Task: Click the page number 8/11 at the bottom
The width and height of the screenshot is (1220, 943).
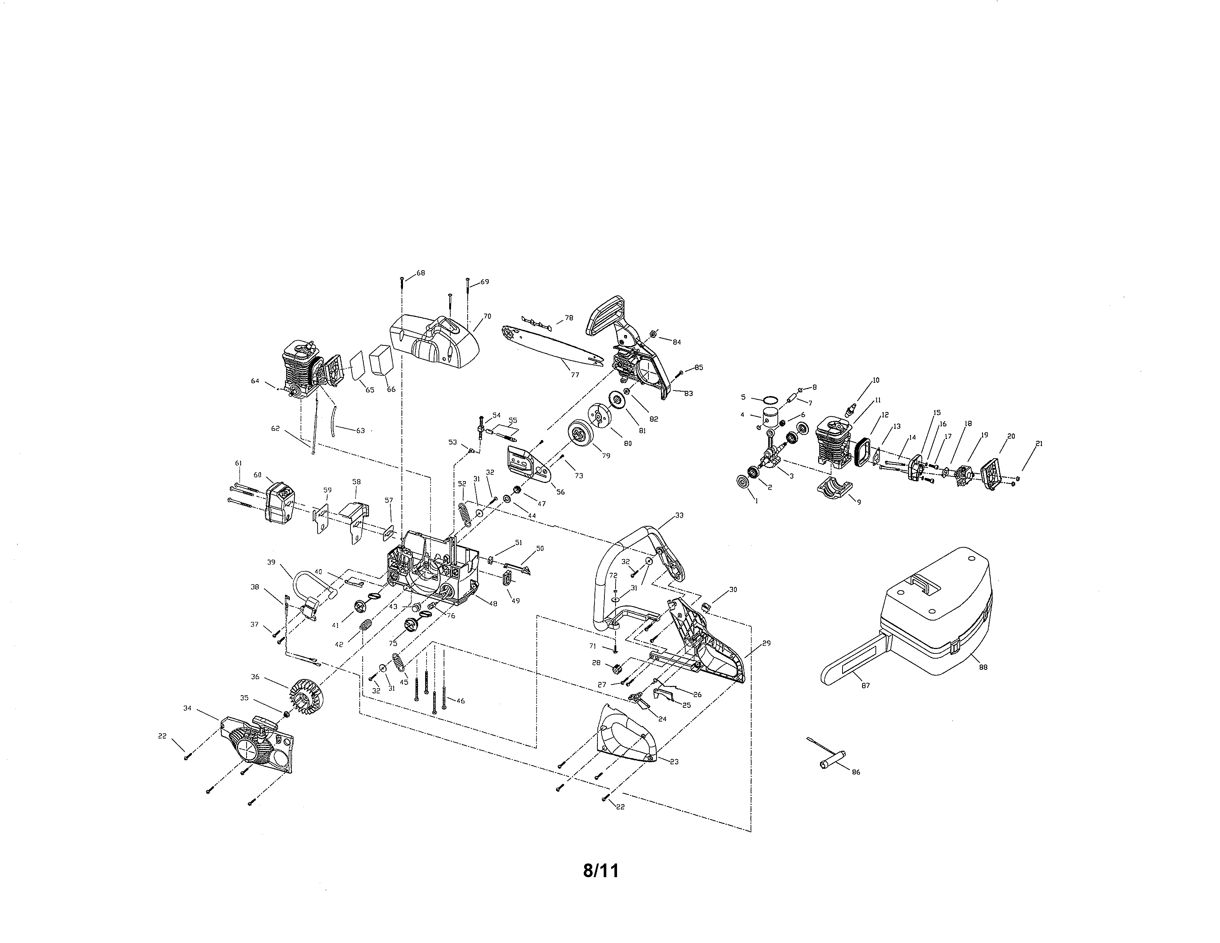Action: [x=601, y=871]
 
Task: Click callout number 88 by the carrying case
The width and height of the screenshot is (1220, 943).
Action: [x=983, y=667]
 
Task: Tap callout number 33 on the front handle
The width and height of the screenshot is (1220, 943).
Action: [x=679, y=515]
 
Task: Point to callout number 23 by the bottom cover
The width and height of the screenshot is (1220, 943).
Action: [x=674, y=761]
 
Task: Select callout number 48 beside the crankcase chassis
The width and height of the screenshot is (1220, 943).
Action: [x=493, y=604]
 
